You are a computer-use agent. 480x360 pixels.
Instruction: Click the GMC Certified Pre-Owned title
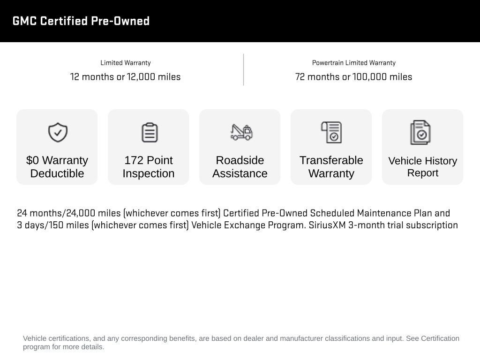(x=81, y=21)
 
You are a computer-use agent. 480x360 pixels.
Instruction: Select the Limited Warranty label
(x=125, y=63)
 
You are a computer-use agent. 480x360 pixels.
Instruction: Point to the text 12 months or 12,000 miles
(x=125, y=77)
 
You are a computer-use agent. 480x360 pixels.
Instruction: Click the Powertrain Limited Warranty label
(x=353, y=63)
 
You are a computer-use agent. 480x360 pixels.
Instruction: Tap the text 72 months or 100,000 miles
(x=353, y=77)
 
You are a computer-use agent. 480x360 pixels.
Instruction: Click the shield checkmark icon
(x=58, y=133)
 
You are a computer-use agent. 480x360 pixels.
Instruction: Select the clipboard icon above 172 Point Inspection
(x=149, y=133)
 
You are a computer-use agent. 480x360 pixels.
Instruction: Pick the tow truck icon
(x=241, y=132)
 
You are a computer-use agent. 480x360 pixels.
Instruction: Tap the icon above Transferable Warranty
(x=331, y=133)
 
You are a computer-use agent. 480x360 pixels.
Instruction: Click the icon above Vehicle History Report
(x=420, y=133)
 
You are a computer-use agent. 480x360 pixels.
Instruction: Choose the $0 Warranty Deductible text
(x=57, y=167)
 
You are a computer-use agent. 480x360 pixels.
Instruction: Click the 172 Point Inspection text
(x=149, y=167)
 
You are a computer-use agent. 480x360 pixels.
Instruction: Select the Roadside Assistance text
(x=240, y=167)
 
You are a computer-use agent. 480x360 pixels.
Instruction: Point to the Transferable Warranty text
(x=331, y=167)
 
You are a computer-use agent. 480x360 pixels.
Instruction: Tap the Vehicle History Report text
(x=422, y=167)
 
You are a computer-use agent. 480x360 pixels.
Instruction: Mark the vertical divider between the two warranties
(x=243, y=70)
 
